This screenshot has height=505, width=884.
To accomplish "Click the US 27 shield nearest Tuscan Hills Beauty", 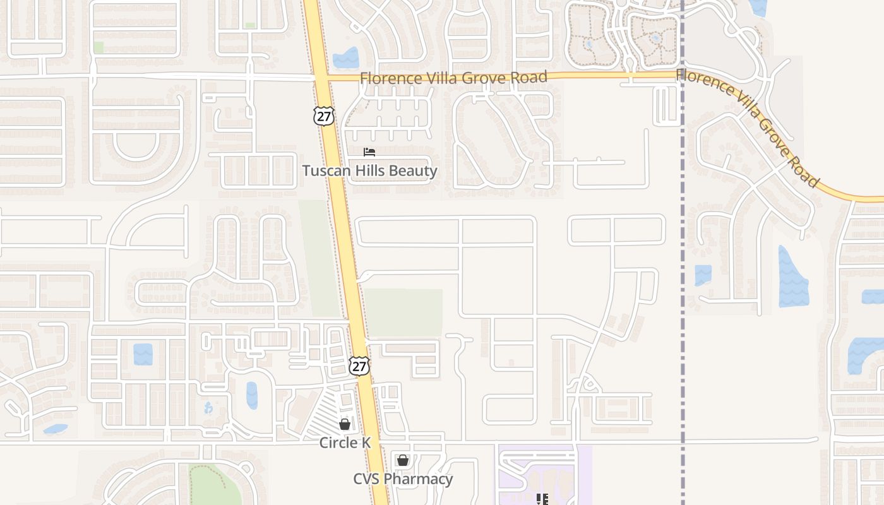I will [323, 116].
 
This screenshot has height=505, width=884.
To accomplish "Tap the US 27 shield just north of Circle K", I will [359, 365].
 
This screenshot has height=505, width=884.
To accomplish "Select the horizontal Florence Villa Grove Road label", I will [453, 78].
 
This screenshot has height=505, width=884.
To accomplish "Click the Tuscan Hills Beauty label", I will [369, 170].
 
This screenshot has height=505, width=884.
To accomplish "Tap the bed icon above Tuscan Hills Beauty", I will [369, 152].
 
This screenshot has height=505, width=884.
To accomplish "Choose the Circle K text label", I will [345, 443].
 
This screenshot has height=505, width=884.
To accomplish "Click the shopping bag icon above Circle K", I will [345, 424].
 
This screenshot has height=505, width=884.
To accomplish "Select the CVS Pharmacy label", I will [403, 479].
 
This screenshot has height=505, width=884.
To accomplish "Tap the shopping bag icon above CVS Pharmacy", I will [403, 460].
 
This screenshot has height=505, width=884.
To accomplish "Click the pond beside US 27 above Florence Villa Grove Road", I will [345, 59].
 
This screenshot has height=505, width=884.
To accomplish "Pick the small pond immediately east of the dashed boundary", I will [703, 275].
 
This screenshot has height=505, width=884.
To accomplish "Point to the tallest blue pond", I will [792, 276].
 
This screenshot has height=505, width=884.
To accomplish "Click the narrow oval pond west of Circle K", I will [252, 395].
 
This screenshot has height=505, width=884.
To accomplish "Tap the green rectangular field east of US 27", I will [404, 312].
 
